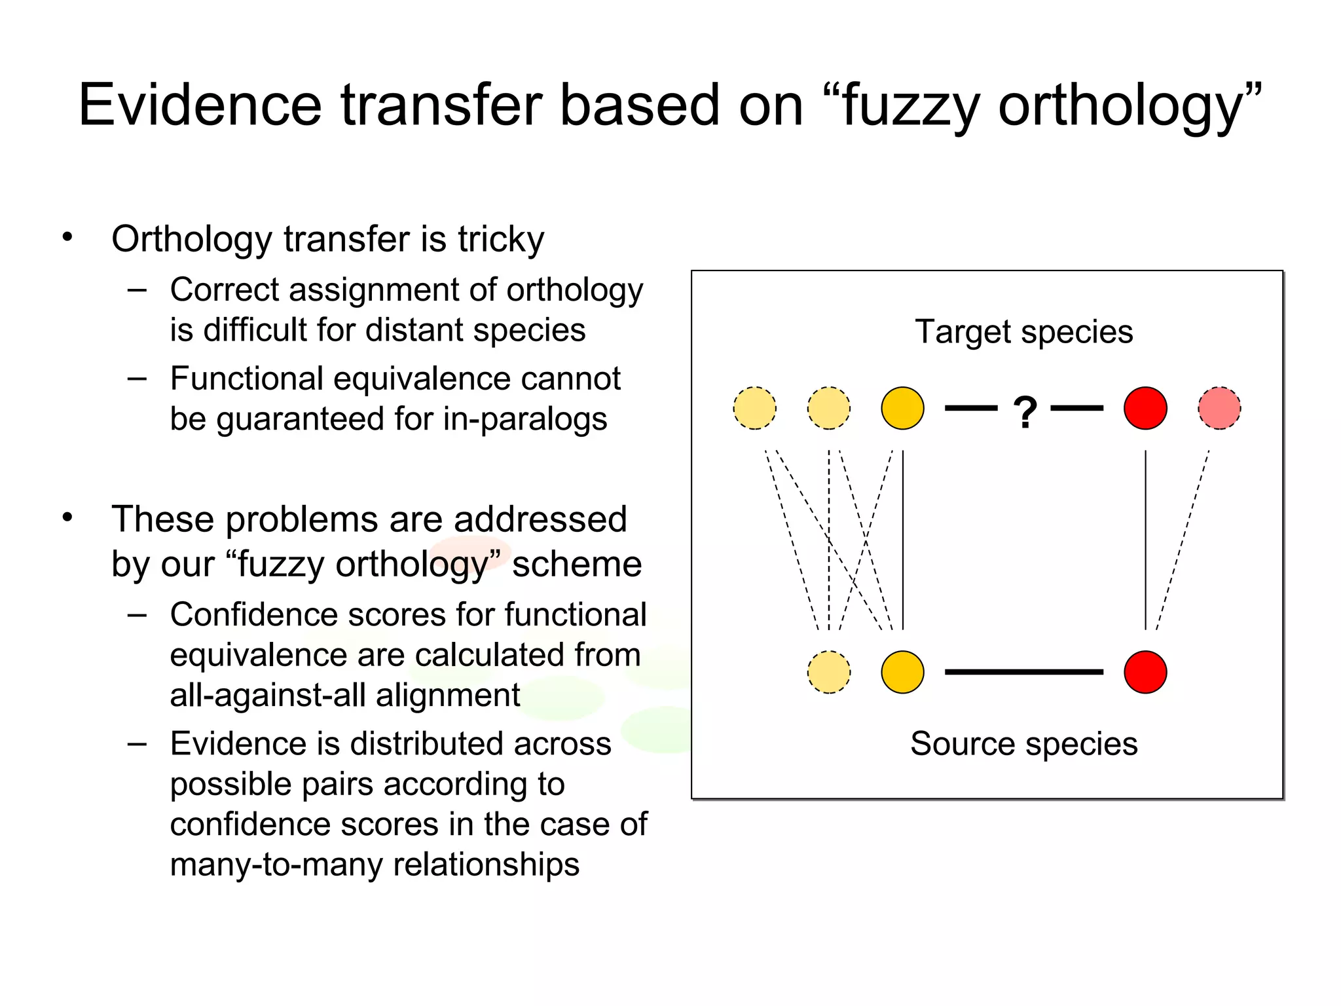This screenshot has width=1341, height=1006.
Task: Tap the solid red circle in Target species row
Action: click(1145, 408)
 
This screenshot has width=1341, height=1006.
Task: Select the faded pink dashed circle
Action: click(1219, 408)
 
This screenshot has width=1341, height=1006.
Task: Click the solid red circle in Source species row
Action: click(1145, 672)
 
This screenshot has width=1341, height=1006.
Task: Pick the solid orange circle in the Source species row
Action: click(902, 672)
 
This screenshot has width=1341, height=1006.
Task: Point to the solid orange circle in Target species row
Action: click(902, 408)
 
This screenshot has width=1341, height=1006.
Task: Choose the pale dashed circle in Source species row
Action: click(829, 672)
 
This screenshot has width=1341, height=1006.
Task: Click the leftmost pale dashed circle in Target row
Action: click(755, 408)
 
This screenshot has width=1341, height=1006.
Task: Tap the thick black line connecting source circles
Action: click(1023, 672)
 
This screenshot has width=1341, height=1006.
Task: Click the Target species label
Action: click(1023, 332)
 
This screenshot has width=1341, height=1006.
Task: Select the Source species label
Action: click(1023, 744)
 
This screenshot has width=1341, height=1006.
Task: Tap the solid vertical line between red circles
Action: click(1145, 540)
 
